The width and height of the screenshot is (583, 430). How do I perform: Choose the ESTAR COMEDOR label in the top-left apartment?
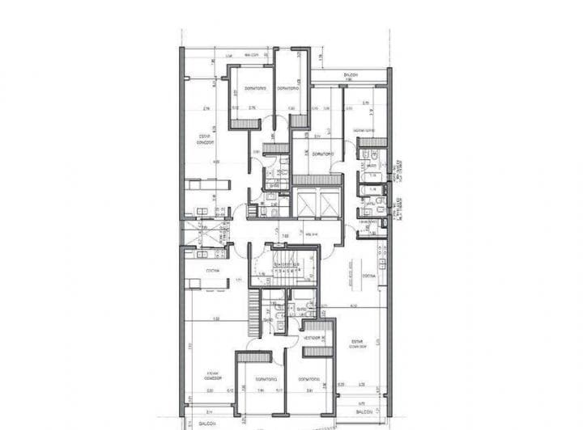(x=204, y=139)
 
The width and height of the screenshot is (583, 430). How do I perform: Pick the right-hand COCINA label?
(x=368, y=277)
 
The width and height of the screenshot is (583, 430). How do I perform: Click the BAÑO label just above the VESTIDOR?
(x=301, y=310)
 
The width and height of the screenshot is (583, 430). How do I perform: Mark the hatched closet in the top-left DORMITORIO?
(x=240, y=124)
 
